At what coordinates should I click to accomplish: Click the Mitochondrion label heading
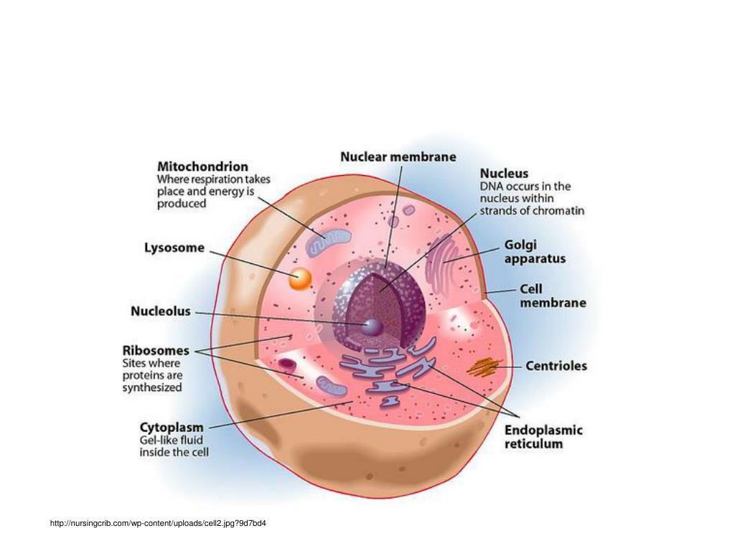(202, 166)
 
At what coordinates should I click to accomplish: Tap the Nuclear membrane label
(398, 156)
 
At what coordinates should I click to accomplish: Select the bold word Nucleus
(504, 174)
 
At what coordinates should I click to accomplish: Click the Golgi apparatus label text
(535, 252)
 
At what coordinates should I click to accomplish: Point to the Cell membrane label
(553, 296)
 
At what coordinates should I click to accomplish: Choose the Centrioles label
(556, 366)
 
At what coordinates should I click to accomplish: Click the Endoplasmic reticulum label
(543, 437)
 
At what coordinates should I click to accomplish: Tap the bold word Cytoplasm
(171, 426)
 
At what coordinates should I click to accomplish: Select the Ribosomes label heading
(156, 351)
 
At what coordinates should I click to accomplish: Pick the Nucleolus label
(161, 311)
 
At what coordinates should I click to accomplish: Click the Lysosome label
(174, 248)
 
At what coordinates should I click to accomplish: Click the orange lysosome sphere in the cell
(300, 278)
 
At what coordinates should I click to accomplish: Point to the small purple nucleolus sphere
(372, 326)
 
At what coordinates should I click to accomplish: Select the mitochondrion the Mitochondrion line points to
(328, 243)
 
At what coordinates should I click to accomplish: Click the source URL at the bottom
(158, 523)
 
